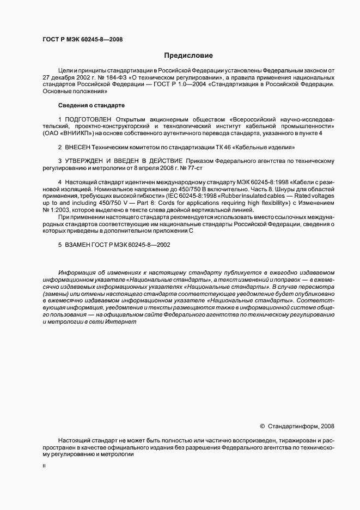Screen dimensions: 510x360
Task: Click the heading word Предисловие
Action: click(x=188, y=55)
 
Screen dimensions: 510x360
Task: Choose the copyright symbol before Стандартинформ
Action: click(x=262, y=426)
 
